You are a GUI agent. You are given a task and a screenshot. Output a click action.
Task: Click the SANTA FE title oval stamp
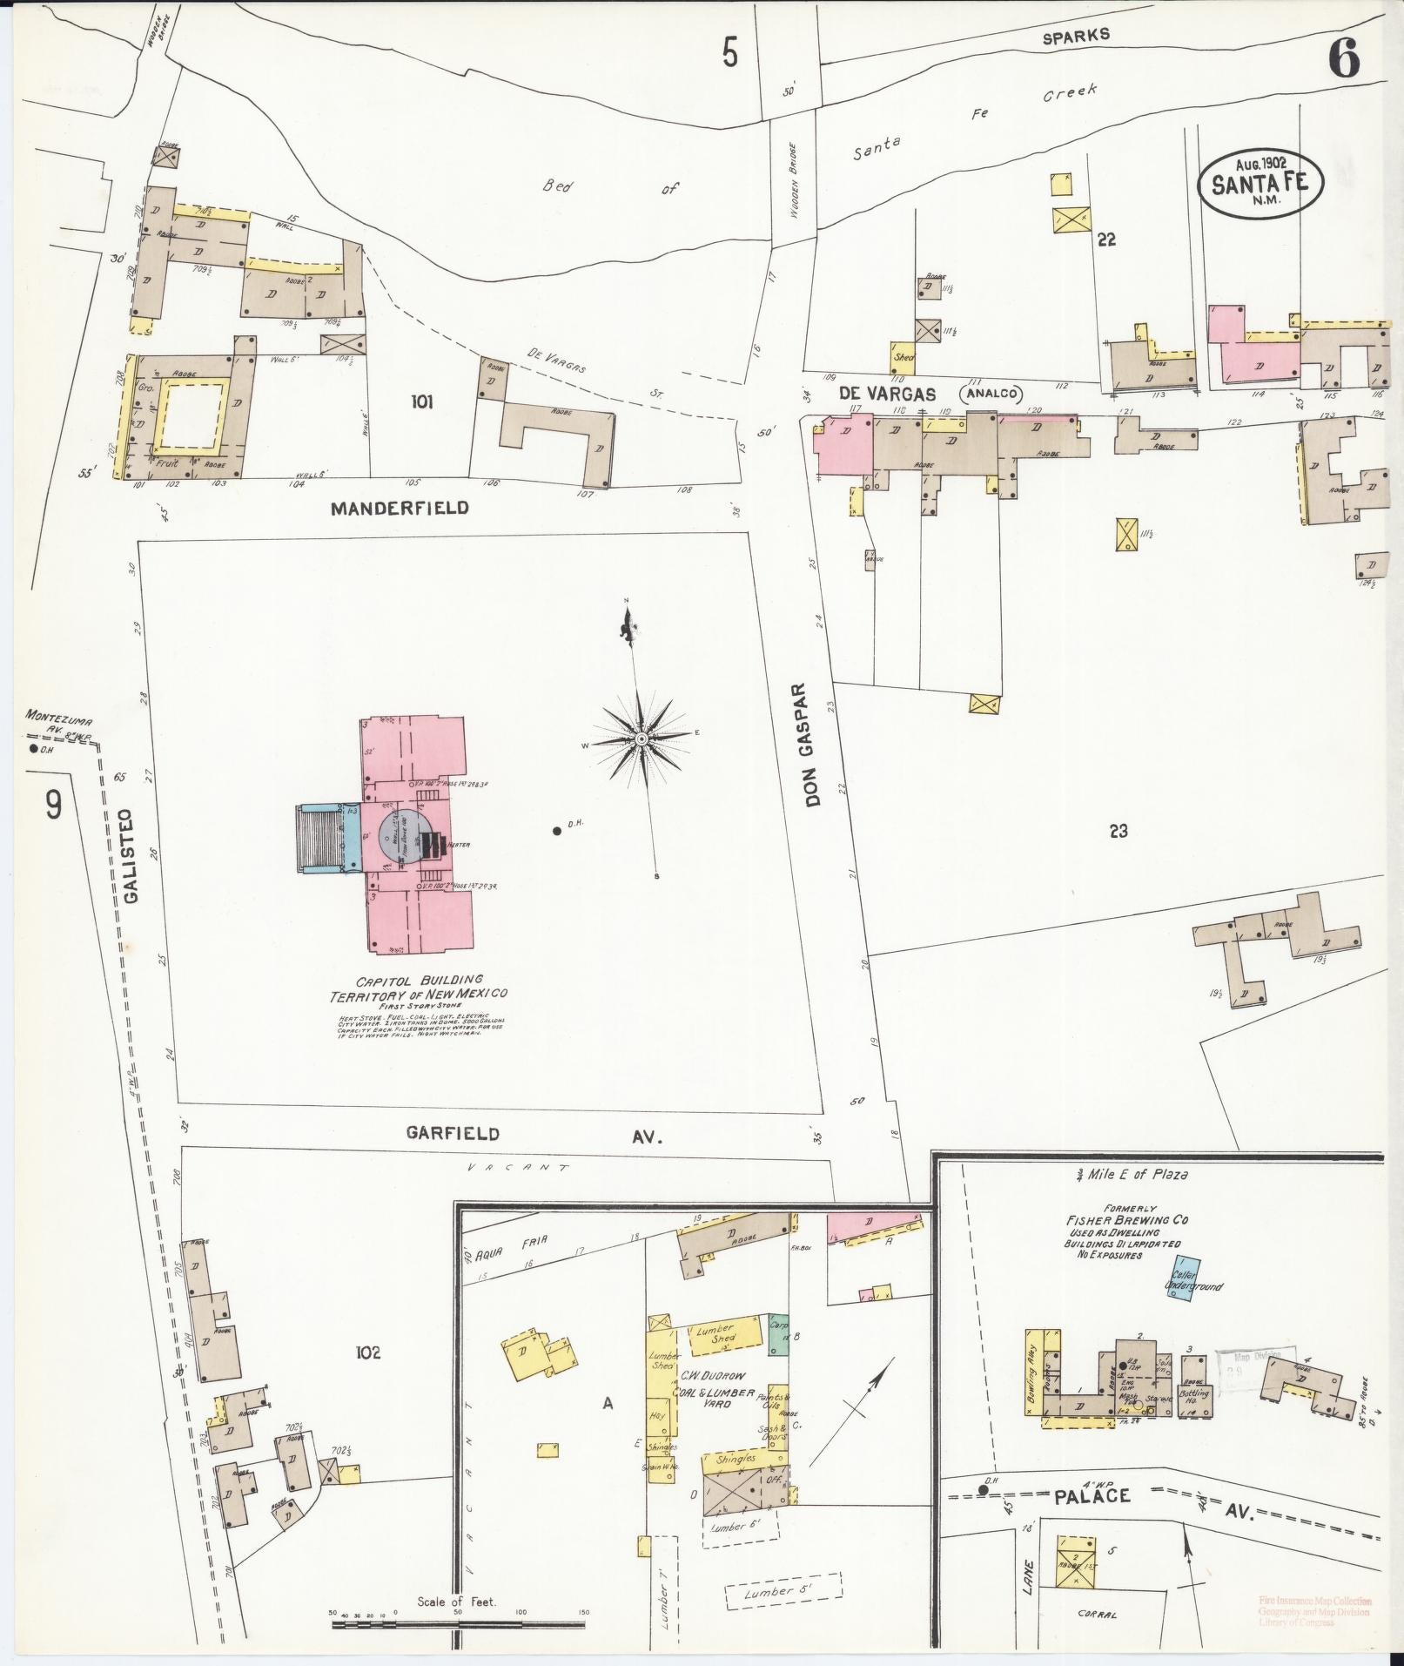click(1260, 183)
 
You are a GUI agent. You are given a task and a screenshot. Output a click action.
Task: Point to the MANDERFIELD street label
click(400, 508)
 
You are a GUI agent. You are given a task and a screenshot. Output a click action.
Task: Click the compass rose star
click(642, 739)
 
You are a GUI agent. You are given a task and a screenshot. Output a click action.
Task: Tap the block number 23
click(1118, 832)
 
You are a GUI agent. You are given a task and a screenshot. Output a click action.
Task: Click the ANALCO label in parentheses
click(989, 394)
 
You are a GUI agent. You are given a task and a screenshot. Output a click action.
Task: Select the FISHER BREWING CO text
click(1127, 1220)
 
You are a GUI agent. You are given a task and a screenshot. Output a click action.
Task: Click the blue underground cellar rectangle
click(1182, 1279)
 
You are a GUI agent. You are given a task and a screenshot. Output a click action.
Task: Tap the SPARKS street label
click(1077, 35)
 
